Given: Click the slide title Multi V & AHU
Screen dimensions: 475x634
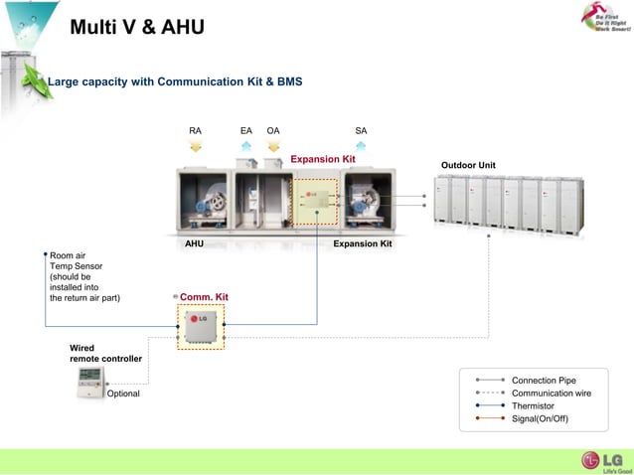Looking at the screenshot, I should click(137, 27).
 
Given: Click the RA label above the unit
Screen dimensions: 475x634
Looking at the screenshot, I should click(195, 130).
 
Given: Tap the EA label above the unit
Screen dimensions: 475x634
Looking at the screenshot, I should click(245, 130).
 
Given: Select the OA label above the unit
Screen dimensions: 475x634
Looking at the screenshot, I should click(273, 130).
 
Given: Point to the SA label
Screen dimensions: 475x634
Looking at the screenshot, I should click(361, 130).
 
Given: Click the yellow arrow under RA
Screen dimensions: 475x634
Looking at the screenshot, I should click(195, 146).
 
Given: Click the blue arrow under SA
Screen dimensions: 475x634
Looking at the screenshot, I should click(361, 146).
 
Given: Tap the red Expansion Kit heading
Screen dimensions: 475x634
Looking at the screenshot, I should click(322, 159).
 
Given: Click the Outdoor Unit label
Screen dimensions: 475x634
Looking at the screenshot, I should click(468, 165).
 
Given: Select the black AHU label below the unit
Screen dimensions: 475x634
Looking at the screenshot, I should click(195, 242).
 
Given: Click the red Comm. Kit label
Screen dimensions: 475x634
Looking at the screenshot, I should click(204, 297).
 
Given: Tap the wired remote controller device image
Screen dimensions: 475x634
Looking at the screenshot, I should click(90, 383).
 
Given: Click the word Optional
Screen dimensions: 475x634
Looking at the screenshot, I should click(123, 395).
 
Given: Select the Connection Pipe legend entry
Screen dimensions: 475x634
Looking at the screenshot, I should click(543, 381).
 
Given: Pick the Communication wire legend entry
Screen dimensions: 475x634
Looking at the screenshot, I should click(550, 394).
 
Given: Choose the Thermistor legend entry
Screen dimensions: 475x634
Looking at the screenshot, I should click(533, 405).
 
